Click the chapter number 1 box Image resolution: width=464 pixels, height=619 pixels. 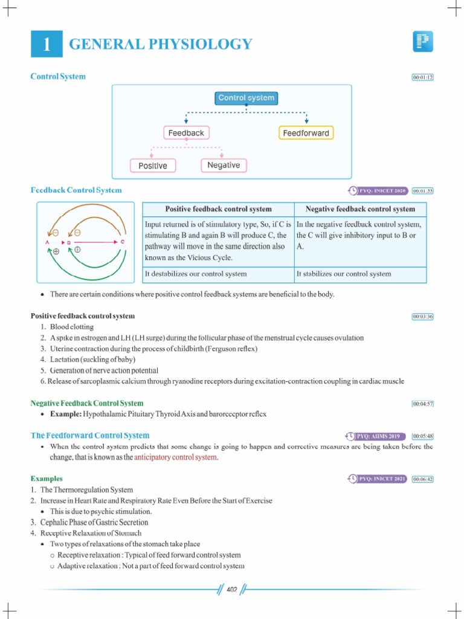pyautogui.click(x=46, y=44)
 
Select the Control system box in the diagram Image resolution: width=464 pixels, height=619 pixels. pyautogui.click(x=246, y=98)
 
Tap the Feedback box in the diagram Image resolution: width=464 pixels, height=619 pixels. pyautogui.click(x=186, y=132)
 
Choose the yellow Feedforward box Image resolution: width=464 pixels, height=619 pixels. pyautogui.click(x=306, y=132)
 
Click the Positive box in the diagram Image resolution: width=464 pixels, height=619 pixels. pyautogui.click(x=153, y=165)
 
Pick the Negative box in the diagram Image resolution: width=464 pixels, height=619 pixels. pyautogui.click(x=224, y=165)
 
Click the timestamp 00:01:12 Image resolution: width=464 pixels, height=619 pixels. pyautogui.click(x=422, y=77)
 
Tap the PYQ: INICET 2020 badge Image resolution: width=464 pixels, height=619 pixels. pyautogui.click(x=378, y=191)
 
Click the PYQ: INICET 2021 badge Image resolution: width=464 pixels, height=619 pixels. pyautogui.click(x=378, y=479)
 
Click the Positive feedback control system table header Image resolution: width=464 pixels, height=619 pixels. pyautogui.click(x=218, y=209)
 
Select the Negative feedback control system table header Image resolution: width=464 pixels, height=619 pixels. pyautogui.click(x=360, y=209)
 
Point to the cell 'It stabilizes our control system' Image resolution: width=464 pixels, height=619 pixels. pyautogui.click(x=344, y=274)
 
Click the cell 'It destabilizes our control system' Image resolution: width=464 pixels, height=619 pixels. pyautogui.click(x=196, y=274)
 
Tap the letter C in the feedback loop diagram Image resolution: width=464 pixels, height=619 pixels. pyautogui.click(x=123, y=242)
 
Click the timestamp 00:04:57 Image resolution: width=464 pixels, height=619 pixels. pyautogui.click(x=422, y=403)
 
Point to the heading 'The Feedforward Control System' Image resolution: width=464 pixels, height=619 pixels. pyautogui.click(x=90, y=435)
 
